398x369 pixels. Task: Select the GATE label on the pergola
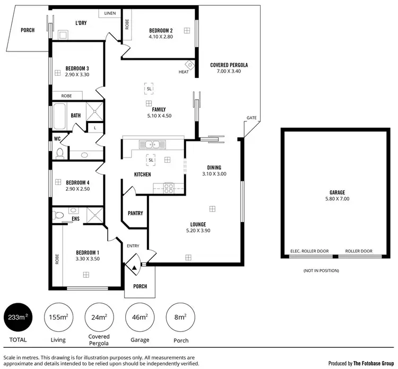252,118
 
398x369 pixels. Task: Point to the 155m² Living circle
58,318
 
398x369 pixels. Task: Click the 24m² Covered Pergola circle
99,318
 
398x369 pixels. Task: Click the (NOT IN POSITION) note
321,270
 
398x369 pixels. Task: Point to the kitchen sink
151,144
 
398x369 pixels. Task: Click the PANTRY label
135,213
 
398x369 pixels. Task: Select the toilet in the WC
59,153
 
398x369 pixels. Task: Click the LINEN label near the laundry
110,13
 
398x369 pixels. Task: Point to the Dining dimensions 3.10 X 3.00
214,174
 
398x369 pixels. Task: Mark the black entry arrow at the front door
134,268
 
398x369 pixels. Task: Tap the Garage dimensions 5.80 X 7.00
337,199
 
